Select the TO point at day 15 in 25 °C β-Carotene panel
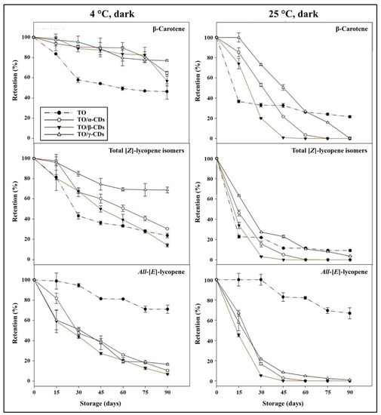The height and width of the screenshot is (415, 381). (x=239, y=101)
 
